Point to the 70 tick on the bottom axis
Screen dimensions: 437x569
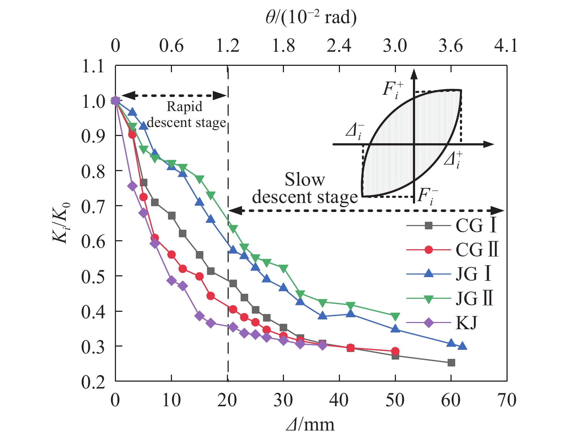(507, 400)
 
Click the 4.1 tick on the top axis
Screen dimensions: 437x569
(507, 46)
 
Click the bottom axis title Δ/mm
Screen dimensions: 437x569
(310, 424)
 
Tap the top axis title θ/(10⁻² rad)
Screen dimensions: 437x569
(311, 17)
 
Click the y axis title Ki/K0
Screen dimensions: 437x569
(61, 223)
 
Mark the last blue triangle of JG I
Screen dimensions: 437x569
(462, 346)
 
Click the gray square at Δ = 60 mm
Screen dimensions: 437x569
(451, 362)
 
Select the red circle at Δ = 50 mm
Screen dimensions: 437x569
(395, 351)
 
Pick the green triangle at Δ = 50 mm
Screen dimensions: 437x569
(395, 317)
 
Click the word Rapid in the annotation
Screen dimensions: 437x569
(184, 107)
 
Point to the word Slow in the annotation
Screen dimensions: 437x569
(305, 179)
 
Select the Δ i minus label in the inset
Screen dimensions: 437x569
(355, 131)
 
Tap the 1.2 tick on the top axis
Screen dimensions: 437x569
(228, 46)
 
